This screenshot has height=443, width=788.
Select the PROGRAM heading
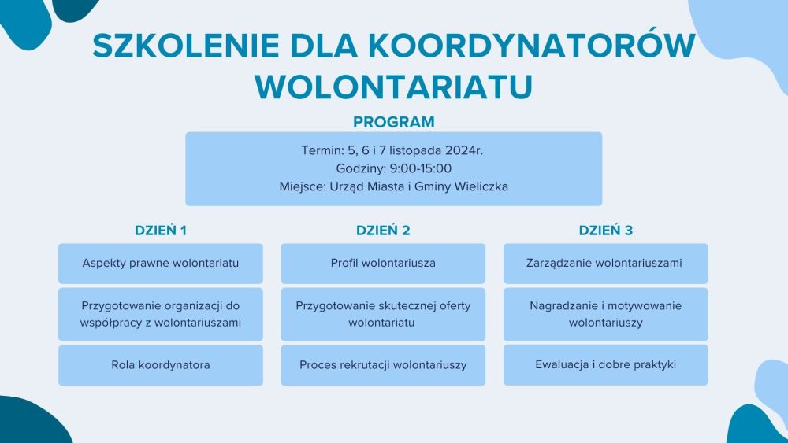393,122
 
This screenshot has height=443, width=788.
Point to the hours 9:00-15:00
421,168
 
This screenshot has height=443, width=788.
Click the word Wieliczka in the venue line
481,186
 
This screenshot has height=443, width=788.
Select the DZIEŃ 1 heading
161,231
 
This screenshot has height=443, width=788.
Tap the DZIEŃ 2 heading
383,231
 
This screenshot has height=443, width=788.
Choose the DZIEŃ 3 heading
605,231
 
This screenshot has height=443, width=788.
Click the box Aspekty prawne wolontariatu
160,264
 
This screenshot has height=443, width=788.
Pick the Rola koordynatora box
160,365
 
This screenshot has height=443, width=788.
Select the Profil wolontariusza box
383,264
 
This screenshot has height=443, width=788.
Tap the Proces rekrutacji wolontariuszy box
383,365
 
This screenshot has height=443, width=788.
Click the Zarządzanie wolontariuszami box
605,264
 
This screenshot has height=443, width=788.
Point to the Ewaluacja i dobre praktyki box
605,365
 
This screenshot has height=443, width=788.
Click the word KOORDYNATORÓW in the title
532,46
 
